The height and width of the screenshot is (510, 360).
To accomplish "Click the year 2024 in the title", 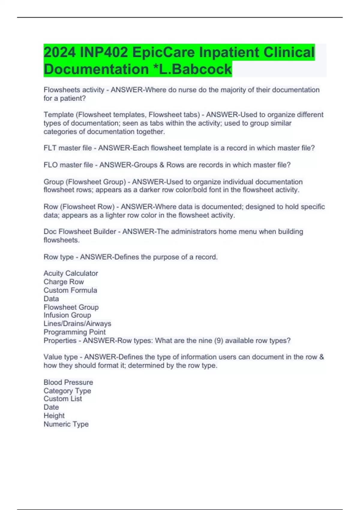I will pos(60,52).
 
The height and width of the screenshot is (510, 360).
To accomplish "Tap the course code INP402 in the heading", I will pos(104,52).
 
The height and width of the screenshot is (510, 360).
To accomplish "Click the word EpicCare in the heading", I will pos(164,52).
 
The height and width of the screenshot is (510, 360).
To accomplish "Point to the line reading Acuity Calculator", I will pos(71,273).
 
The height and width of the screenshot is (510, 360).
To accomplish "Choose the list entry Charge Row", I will pos(64,282).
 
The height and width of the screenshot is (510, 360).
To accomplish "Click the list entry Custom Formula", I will pos(70,290).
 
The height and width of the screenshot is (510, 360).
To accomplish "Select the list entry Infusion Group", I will pos(67,315).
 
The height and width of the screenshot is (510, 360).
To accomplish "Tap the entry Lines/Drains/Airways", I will pos(77,323).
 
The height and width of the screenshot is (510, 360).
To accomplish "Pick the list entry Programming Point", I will pos(74,332).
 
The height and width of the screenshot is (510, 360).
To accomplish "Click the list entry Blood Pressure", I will pos(68,382).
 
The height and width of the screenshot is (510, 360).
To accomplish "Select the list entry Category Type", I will pos(67,391).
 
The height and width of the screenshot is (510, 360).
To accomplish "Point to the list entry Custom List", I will pos(63,399).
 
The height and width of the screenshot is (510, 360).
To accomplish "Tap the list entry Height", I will pos(54,415).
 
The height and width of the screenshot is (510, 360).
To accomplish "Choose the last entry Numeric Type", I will pos(66,424).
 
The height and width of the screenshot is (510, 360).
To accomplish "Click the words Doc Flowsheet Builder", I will pos(80,232).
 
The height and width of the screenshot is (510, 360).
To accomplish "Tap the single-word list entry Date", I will pos(51,407).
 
